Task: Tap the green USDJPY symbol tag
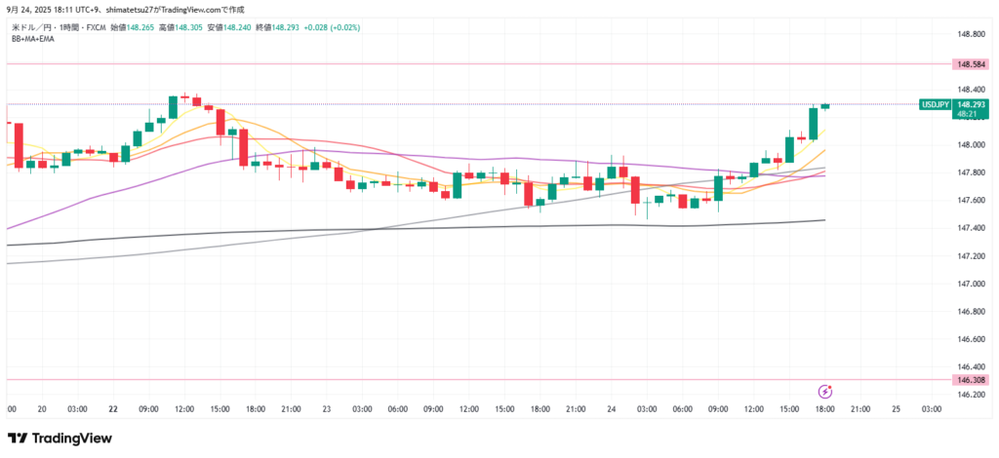(x=935, y=104)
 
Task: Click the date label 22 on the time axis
(x=114, y=409)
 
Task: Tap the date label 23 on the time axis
(x=327, y=409)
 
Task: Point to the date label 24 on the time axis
(x=611, y=409)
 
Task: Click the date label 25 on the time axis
(x=896, y=409)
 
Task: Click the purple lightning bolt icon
(x=824, y=392)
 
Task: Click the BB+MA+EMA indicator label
(x=33, y=38)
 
